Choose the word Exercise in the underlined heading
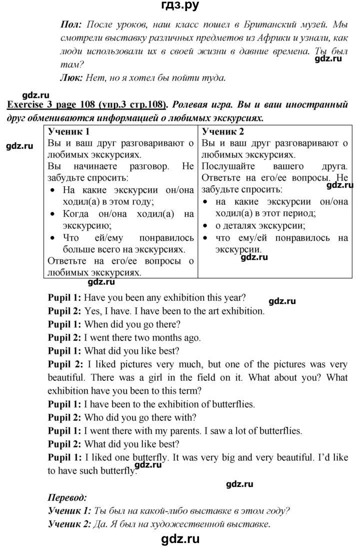[27, 105]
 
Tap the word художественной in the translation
[197, 525]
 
